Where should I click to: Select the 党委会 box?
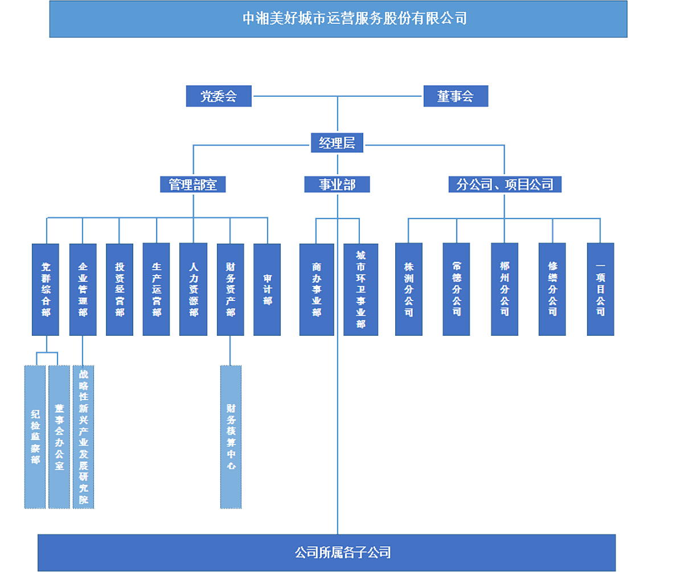[x=219, y=96]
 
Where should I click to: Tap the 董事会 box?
[x=455, y=96]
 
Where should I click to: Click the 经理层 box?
[x=337, y=143]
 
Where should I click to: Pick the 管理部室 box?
[x=193, y=184]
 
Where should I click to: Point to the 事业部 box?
[x=337, y=184]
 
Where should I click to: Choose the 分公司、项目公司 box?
[x=504, y=184]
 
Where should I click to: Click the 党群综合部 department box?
[x=46, y=289]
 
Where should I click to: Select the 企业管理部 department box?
[x=83, y=289]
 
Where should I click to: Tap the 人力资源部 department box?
[x=193, y=289]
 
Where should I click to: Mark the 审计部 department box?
[x=267, y=289]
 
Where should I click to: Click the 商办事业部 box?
[x=317, y=289]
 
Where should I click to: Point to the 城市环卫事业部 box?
[x=360, y=289]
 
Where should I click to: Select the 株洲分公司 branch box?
[x=409, y=289]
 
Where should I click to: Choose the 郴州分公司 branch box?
[x=504, y=289]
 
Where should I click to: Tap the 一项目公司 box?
[x=600, y=289]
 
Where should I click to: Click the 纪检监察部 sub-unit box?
[x=35, y=436]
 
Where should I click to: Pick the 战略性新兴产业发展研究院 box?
[x=83, y=436]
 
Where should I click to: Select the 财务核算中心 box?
[x=231, y=436]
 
